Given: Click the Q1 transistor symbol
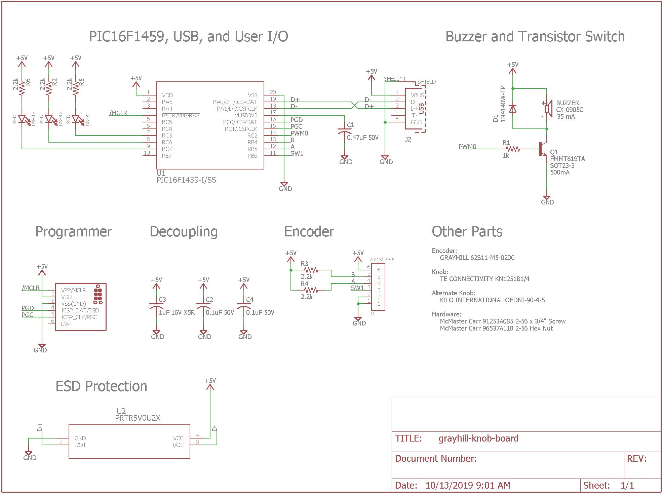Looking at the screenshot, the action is pos(542,149).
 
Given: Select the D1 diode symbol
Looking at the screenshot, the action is pos(513,109).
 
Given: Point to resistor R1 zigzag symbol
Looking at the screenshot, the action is pos(513,149).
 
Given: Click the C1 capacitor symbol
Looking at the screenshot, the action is pos(345,131).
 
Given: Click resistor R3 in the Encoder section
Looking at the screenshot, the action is pos(311,270).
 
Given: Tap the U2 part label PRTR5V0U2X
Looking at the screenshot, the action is pos(138,418).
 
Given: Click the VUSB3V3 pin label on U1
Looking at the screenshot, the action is pos(246,115).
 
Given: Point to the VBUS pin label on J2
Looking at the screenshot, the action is pos(417,95).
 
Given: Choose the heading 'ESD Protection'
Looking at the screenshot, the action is pos(101,386).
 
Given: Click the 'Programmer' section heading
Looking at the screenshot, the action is pos(74,232).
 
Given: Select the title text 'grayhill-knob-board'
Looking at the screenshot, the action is pos(478,439).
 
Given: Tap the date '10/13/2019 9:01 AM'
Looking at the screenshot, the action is pos(468,486).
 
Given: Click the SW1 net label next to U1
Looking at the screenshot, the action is pos(297,153).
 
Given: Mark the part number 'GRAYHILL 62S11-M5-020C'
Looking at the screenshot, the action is pos(477,258).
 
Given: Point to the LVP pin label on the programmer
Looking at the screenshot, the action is pos(66,324).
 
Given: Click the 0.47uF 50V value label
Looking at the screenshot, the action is pos(363,138).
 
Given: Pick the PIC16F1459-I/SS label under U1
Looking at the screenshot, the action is pos(186,180).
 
